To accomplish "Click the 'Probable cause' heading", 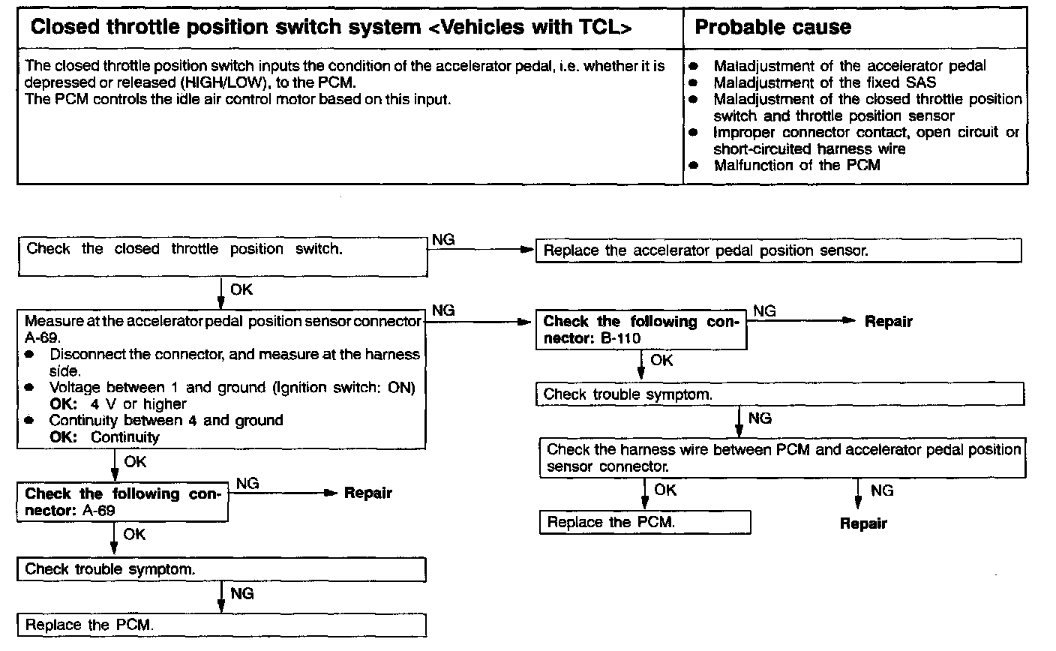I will click(x=772, y=28).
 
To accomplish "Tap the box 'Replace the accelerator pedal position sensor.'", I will click(x=778, y=251).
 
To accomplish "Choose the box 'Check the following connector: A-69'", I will click(x=122, y=502).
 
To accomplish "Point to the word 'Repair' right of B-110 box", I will click(x=888, y=322).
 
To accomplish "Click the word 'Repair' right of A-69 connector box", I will click(x=367, y=493).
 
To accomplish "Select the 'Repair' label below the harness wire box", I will click(x=863, y=523).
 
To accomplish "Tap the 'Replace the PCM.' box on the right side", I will click(x=644, y=522).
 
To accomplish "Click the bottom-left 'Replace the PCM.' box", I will click(x=221, y=625).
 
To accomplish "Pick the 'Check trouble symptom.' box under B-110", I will click(x=779, y=394).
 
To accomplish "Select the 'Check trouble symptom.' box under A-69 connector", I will click(x=221, y=570).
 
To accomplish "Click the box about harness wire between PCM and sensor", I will click(x=783, y=458).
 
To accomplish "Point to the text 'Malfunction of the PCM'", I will click(x=796, y=166).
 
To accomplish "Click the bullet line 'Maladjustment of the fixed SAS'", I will click(x=824, y=82).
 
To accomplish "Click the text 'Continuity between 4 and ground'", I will click(x=166, y=421).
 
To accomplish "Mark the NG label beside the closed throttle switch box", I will click(x=443, y=240).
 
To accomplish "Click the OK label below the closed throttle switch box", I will click(x=241, y=289).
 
